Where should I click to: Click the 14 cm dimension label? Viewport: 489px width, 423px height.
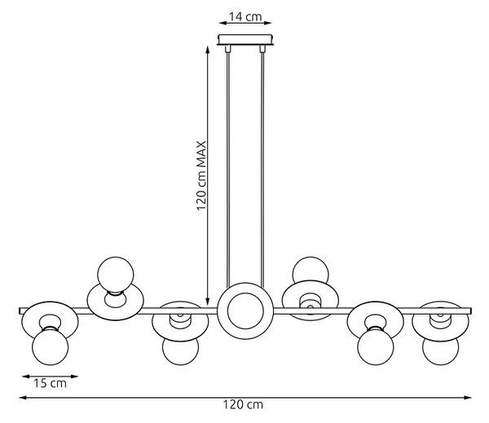[245, 16]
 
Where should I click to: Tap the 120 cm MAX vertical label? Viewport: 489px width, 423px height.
[201, 176]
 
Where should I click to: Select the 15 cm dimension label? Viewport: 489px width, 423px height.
[50, 383]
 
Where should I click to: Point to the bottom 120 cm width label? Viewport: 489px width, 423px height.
[243, 405]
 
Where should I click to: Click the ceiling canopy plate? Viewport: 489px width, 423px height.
[245, 40]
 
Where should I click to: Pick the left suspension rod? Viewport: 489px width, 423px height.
[228, 166]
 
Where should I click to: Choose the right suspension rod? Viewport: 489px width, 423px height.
[262, 166]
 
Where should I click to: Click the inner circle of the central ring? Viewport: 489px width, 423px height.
[245, 311]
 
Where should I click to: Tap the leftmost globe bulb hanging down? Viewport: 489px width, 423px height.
[51, 347]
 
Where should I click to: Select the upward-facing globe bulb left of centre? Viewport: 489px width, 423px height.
[116, 275]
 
